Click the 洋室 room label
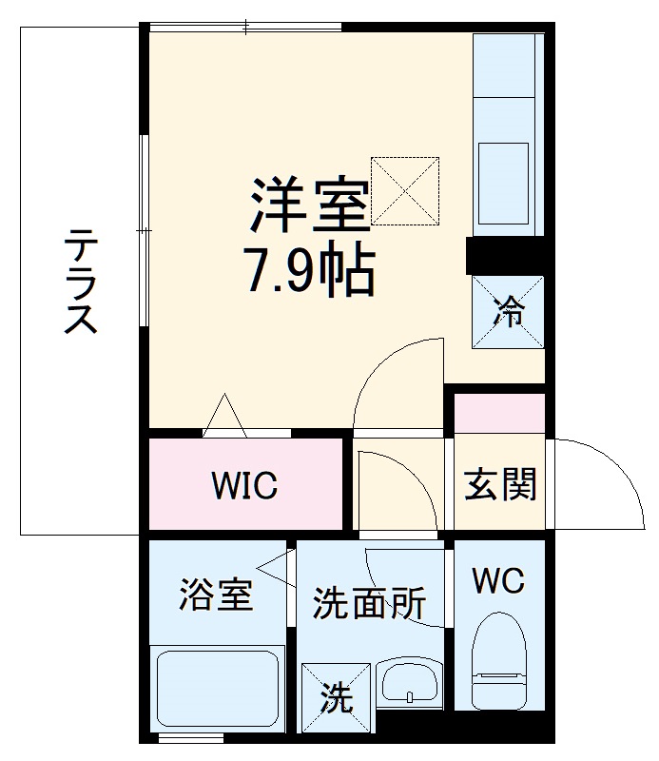[309, 204]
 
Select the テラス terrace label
[81, 282]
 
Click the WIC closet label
[244, 485]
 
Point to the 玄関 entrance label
[500, 484]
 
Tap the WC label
[498, 580]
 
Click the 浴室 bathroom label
[217, 596]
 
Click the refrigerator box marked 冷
[509, 311]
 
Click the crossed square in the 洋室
[405, 190]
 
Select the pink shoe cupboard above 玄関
[499, 412]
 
